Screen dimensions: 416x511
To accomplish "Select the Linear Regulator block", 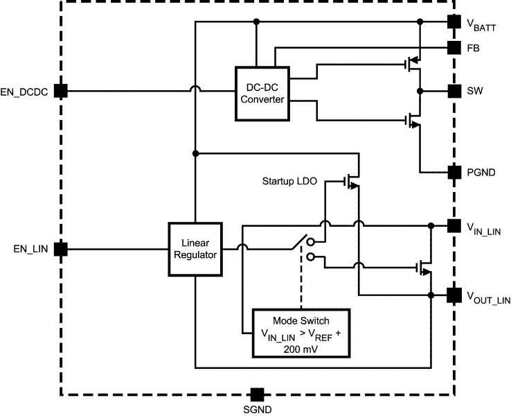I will pos(195,250).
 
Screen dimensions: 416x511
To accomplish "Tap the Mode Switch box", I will pos(301,332).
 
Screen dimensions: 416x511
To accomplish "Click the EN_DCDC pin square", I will pos(61,91).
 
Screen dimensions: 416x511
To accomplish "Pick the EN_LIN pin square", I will pos(61,249).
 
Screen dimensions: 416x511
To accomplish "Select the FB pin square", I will pos(454,48).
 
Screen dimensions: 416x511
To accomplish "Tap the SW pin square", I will pos(454,91).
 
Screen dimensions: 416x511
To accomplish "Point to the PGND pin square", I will pos(454,171).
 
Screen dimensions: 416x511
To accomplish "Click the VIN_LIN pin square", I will pos(454,225).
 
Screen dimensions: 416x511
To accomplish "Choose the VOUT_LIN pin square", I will pos(454,295).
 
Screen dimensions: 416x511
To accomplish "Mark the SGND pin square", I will pos(257,395).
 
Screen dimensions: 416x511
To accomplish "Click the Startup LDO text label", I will pos(289,182).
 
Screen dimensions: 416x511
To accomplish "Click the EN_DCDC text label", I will pos(25,92).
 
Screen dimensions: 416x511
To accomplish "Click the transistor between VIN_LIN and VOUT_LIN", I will pos(424,267).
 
